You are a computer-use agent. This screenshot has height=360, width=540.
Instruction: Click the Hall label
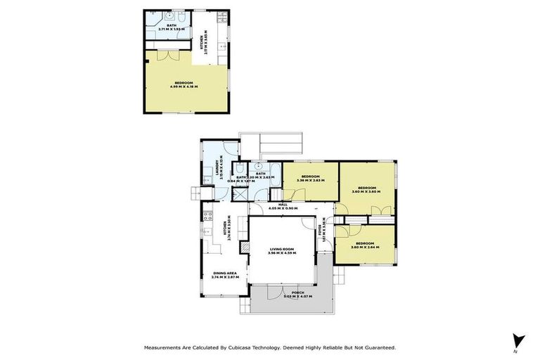[283, 205]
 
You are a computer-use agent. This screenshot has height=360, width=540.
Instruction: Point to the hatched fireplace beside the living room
[245, 247]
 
